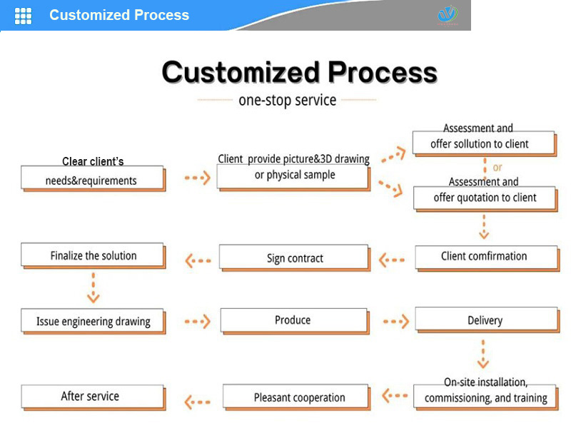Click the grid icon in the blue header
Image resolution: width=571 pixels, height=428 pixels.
[x=24, y=16]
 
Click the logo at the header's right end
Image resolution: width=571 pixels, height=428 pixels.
[x=448, y=15]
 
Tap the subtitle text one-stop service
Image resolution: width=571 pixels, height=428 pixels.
[x=287, y=100]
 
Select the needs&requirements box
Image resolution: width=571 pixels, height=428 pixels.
[x=91, y=179]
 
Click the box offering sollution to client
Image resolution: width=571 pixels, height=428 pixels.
[x=483, y=143]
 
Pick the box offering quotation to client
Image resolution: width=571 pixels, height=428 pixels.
[x=485, y=198]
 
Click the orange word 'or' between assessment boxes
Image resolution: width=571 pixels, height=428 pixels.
[x=497, y=168]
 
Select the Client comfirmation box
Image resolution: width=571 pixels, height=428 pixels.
[x=485, y=257]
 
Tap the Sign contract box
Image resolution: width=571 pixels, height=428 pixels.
[x=294, y=258]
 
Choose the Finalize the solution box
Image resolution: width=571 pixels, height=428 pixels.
[x=93, y=256]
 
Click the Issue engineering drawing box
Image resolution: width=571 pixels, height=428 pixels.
[x=93, y=322]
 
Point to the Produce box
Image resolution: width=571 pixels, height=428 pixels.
[x=293, y=320]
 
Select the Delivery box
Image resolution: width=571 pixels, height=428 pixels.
[x=485, y=321]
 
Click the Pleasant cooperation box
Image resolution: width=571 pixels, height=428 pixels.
[x=299, y=397]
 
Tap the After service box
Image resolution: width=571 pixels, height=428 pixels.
[x=91, y=397]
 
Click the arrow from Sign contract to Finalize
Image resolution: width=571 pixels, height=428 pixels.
[x=198, y=260]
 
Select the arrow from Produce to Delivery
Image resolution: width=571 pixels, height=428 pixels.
[x=395, y=322]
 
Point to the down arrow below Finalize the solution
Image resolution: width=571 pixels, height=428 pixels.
[x=93, y=289]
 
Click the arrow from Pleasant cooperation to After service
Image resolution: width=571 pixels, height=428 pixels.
[x=198, y=402]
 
